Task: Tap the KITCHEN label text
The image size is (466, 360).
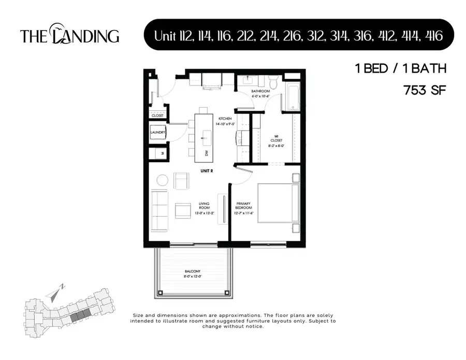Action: [225, 119]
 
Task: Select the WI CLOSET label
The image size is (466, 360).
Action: [275, 139]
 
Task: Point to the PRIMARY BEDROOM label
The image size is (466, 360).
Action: [244, 205]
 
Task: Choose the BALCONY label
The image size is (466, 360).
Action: [192, 271]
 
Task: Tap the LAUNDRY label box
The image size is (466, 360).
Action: [157, 133]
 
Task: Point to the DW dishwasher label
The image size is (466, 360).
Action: [207, 153]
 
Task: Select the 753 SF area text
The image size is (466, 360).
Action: [424, 90]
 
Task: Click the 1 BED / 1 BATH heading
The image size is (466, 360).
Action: [400, 68]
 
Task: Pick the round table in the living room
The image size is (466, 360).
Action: [163, 180]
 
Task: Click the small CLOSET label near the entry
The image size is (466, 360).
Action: [157, 116]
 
